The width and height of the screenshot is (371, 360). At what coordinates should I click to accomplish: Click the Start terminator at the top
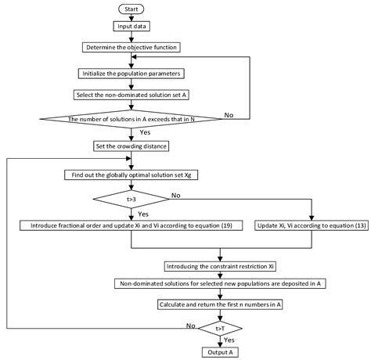tap(132, 9)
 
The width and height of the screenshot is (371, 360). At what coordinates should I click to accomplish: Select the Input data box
tap(132, 27)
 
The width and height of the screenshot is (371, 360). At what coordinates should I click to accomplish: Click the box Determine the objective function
tap(132, 46)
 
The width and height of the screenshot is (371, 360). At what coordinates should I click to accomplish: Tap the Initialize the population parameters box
tap(132, 74)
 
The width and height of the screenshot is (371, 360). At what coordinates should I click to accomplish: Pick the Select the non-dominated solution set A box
tap(132, 95)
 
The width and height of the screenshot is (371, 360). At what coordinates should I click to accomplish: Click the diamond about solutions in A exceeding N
tap(132, 120)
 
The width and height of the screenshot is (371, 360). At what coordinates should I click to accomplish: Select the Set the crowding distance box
tap(132, 146)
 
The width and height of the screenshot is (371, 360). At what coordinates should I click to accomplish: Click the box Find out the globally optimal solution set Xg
tap(132, 176)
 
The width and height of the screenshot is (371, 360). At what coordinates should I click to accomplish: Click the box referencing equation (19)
tap(132, 225)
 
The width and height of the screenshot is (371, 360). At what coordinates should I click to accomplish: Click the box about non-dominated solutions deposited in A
tap(220, 284)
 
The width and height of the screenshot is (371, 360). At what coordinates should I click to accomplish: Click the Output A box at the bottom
tap(220, 352)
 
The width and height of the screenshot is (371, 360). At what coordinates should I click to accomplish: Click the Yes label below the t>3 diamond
tap(142, 213)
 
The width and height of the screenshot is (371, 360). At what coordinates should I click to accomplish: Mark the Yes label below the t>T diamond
tap(230, 341)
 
